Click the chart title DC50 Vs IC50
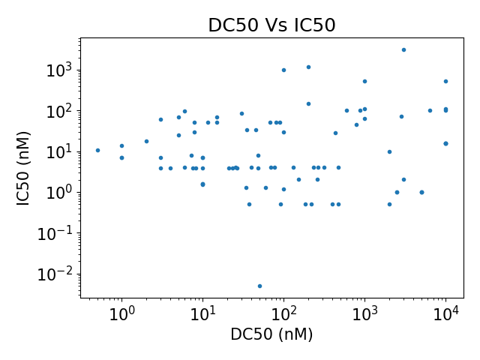[271, 25]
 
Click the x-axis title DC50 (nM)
[271, 334]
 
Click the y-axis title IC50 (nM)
[23, 168]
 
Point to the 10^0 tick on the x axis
[121, 313]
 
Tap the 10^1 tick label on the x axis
[202, 313]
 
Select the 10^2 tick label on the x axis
[283, 313]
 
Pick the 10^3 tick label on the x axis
[364, 313]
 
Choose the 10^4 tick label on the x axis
[445, 313]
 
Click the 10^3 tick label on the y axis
[60, 70]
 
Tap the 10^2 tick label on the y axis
[60, 111]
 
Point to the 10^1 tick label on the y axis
[60, 151]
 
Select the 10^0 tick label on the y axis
[60, 192]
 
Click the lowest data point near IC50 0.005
[259, 286]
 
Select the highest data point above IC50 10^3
[403, 49]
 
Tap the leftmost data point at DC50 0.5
[97, 150]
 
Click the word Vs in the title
[271, 25]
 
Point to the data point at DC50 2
[146, 141]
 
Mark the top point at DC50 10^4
[445, 81]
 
